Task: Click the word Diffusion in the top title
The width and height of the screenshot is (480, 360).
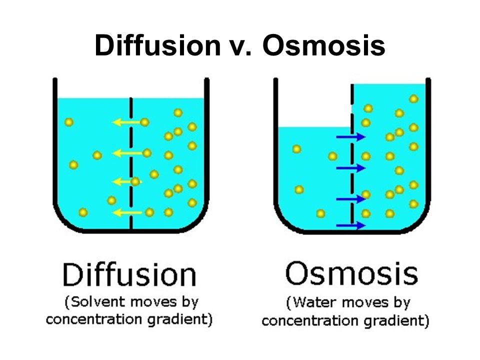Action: (x=157, y=45)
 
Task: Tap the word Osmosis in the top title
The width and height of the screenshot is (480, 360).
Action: (x=323, y=45)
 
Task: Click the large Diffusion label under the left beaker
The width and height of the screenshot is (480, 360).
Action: (x=129, y=274)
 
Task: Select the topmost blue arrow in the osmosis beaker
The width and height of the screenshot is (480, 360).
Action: (x=351, y=137)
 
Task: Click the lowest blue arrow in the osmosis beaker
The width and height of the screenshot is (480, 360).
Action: (x=351, y=225)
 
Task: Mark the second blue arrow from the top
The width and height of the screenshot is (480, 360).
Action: (x=351, y=168)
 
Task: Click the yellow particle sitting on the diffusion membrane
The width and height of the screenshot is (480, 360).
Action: (x=135, y=182)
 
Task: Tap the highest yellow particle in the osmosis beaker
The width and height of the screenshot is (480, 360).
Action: (x=413, y=99)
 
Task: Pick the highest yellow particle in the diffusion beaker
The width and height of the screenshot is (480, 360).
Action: (x=178, y=112)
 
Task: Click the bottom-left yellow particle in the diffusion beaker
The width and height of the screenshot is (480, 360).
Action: (x=83, y=212)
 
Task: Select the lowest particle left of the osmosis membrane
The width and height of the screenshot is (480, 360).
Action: (x=320, y=213)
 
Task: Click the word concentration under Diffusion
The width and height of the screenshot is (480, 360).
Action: (x=94, y=319)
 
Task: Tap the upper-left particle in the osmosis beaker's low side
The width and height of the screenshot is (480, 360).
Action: (x=296, y=149)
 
